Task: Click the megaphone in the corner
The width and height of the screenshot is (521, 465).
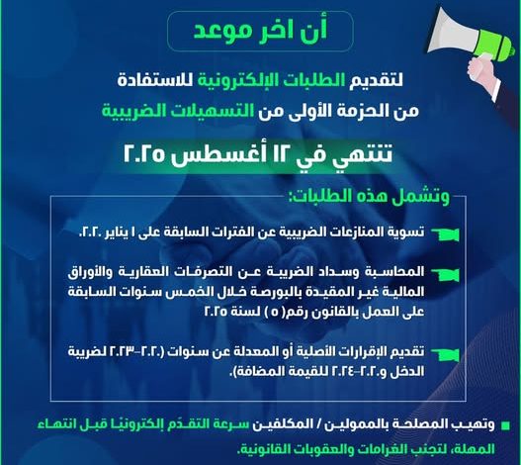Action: (x=472, y=37)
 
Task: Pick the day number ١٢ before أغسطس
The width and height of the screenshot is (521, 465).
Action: (x=279, y=154)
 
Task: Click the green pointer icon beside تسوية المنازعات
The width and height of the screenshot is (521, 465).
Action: (x=445, y=233)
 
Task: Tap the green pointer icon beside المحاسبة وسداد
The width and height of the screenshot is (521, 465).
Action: (x=445, y=274)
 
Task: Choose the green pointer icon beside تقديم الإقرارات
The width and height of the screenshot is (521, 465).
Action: (x=445, y=354)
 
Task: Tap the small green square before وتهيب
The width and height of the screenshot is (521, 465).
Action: (x=505, y=426)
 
